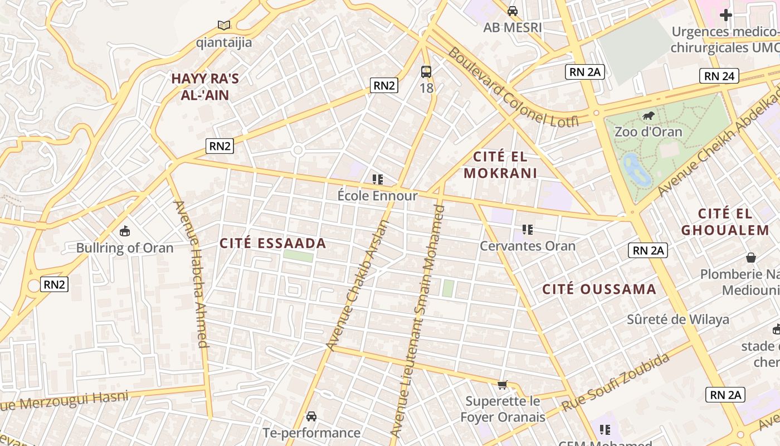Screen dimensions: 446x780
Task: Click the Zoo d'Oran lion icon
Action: point(648,116)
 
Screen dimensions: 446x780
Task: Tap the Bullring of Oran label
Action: point(125,248)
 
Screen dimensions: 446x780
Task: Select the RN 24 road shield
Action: point(719,76)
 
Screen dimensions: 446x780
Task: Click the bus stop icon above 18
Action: point(426,71)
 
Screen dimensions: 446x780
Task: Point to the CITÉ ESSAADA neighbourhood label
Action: point(272,244)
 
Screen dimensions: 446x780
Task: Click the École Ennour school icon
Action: point(378,180)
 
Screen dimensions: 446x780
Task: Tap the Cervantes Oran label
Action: point(527,246)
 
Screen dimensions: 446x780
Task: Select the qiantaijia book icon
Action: point(224,26)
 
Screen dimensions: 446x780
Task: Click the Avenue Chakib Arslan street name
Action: point(358,285)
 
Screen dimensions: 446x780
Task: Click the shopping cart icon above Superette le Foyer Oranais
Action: point(503,385)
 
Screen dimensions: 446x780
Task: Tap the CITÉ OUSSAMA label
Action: point(599,289)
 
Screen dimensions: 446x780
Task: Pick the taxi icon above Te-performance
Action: point(311,416)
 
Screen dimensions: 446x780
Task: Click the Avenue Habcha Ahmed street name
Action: point(192,273)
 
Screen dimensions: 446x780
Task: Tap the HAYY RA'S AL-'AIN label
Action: point(204,86)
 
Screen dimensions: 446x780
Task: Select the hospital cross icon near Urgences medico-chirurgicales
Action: point(725,15)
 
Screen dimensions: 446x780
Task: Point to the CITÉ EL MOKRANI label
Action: point(500,164)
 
